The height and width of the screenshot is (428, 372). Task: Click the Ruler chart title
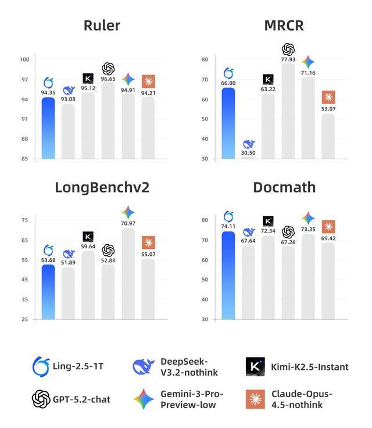102,25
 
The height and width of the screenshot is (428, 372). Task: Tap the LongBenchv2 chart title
102,187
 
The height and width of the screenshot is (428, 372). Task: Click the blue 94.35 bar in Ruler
48,128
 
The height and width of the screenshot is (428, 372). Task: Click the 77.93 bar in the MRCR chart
288,110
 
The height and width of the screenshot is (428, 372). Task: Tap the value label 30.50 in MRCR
248,152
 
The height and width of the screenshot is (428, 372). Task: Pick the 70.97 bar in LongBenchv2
128,273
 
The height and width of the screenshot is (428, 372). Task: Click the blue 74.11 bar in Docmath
228,276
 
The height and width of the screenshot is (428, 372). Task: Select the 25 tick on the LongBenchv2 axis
25,319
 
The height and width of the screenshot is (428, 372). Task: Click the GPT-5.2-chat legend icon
41,399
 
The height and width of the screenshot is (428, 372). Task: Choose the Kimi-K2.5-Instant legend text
310,366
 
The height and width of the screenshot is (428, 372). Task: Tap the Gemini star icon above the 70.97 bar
128,212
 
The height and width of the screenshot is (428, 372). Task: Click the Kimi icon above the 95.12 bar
88,78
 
